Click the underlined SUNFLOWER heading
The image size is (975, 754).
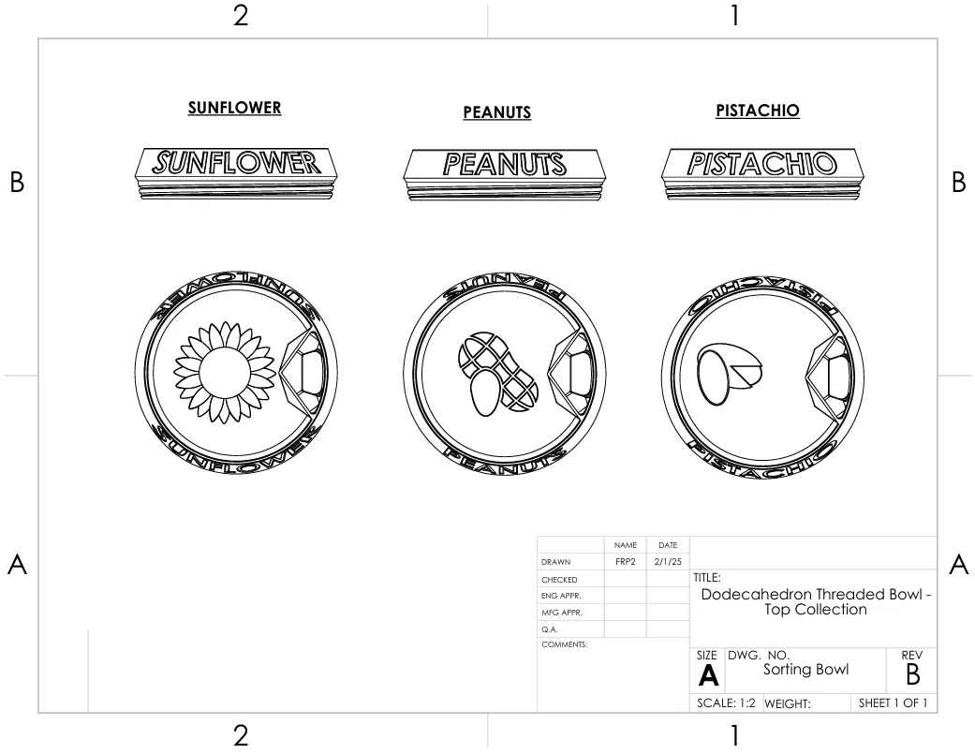click(x=234, y=108)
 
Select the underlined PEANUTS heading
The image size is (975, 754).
click(x=496, y=112)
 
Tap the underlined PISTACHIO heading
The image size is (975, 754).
click(x=758, y=111)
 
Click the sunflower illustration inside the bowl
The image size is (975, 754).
click(x=224, y=373)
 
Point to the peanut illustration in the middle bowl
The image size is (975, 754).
click(x=498, y=374)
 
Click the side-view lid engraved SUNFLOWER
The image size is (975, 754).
click(x=236, y=173)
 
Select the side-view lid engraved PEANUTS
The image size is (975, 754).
click(x=504, y=174)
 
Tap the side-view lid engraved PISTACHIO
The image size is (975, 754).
click(x=762, y=174)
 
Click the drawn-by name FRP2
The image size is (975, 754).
click(x=626, y=562)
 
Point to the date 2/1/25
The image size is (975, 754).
click(x=668, y=562)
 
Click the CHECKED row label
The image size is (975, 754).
click(x=559, y=580)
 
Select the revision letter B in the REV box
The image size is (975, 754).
click(x=912, y=674)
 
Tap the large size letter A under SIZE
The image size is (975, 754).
click(x=708, y=675)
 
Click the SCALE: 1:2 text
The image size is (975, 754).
click(x=726, y=703)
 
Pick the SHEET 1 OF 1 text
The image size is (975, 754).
click(x=893, y=703)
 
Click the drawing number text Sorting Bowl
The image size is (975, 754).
click(x=805, y=670)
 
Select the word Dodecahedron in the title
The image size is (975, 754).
click(x=758, y=594)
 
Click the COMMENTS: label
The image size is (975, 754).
click(x=564, y=644)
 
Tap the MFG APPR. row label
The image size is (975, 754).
click(x=562, y=613)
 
